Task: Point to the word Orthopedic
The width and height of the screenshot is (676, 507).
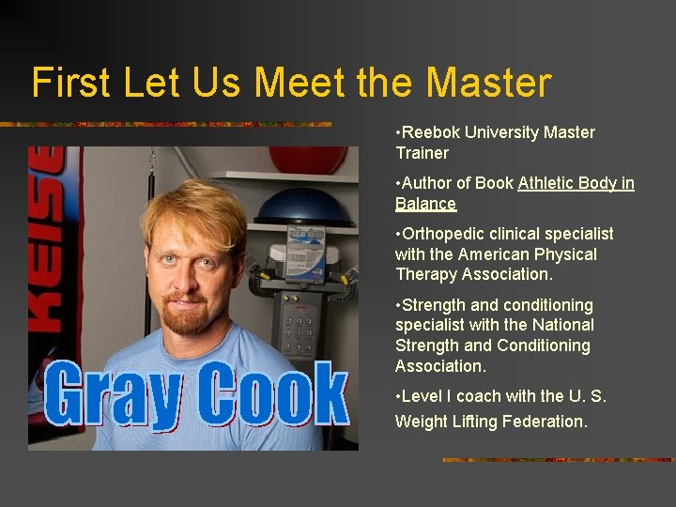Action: pyautogui.click(x=441, y=234)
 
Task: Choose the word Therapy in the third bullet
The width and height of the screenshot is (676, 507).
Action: pyautogui.click(x=425, y=274)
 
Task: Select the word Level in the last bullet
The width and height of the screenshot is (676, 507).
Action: pyautogui.click(x=422, y=396)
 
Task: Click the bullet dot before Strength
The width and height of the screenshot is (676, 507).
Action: pyautogui.click(x=398, y=305)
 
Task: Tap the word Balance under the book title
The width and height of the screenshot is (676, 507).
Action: pyautogui.click(x=425, y=204)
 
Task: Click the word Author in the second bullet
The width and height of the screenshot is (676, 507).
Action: pyautogui.click(x=426, y=183)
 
